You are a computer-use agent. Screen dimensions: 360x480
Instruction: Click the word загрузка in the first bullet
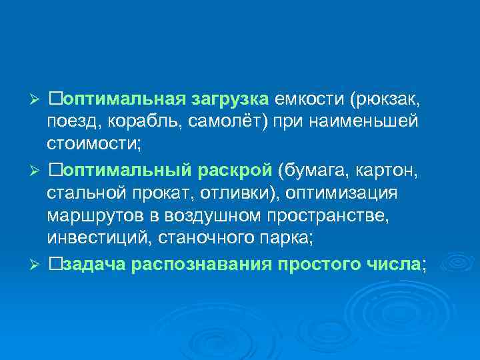[230, 99]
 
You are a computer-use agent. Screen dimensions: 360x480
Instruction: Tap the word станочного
[215, 237]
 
